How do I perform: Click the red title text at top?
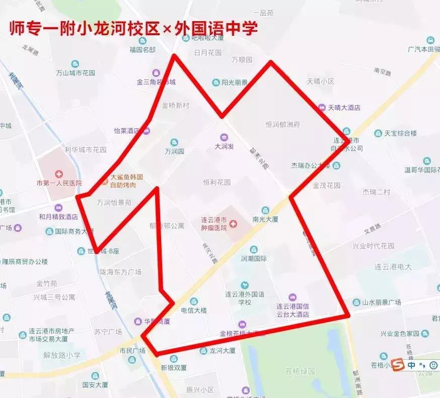coord(134,28)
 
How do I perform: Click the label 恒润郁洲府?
coord(282,124)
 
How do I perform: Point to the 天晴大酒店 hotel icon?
coord(322,107)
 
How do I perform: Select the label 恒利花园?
coord(216,182)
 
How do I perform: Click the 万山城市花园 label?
coord(75,73)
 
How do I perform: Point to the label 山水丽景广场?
coord(382,302)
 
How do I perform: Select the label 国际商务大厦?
coord(74,232)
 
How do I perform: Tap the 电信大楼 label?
coord(194,310)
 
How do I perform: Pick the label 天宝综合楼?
coord(401,133)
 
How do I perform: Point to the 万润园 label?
coord(175,151)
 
